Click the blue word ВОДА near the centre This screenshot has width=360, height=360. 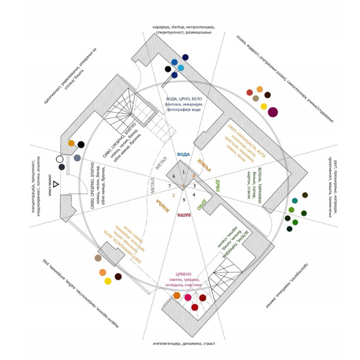(x=184, y=154)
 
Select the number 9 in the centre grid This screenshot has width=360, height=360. (x=184, y=200)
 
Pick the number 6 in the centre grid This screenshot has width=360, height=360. (x=174, y=177)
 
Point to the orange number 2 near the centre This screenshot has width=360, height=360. (x=173, y=195)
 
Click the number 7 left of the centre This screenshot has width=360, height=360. (x=169, y=186)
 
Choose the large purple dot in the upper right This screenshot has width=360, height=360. (x=273, y=112)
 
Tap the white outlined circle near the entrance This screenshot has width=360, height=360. (x=60, y=159)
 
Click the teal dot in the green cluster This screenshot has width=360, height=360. (x=294, y=201)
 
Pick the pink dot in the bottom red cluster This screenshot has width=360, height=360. (x=188, y=297)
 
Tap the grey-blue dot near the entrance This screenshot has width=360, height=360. (x=77, y=158)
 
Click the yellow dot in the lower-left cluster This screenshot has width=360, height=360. (x=108, y=281)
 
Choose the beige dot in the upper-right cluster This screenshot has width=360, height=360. (x=256, y=99)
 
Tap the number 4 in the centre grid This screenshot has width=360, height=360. (x=194, y=194)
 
